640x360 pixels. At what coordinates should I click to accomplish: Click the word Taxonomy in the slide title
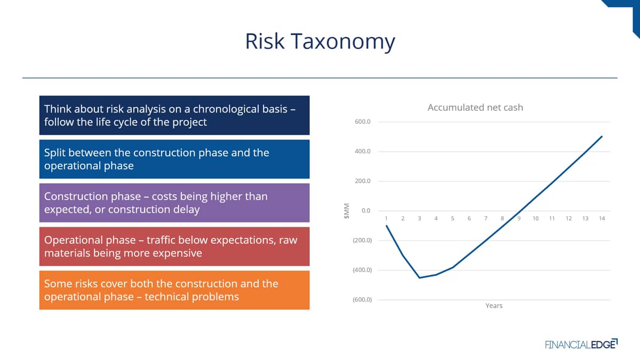click(343, 42)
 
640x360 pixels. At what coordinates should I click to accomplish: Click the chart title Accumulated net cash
click(475, 107)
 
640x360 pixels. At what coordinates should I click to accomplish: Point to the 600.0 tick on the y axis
click(363, 122)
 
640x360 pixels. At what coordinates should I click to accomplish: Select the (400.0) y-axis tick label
click(362, 270)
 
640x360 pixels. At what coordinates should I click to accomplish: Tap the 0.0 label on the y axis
click(366, 211)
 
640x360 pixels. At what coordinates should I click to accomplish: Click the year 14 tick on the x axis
click(602, 219)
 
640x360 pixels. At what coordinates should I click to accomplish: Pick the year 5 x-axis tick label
click(453, 219)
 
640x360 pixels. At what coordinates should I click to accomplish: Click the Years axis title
click(494, 306)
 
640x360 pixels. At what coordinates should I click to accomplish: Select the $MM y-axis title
click(347, 211)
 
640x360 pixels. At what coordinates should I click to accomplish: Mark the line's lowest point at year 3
click(419, 278)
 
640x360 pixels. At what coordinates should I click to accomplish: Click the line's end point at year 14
click(602, 137)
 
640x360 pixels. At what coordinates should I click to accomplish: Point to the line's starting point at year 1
click(386, 226)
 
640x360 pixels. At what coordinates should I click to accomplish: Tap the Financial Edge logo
click(581, 344)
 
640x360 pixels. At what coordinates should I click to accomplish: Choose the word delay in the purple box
click(185, 210)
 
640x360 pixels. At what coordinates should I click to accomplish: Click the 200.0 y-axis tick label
click(363, 181)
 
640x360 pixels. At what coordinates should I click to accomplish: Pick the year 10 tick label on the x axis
click(535, 219)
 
